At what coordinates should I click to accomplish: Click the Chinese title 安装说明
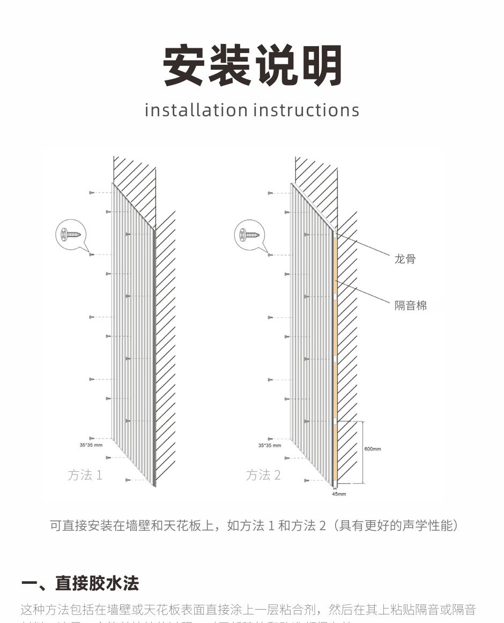click(253, 66)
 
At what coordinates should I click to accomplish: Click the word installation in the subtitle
click(196, 110)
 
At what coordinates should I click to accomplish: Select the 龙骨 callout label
click(405, 259)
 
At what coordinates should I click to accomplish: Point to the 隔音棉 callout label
click(411, 305)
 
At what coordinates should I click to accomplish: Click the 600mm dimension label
click(372, 449)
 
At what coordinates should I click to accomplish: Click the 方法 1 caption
click(85, 475)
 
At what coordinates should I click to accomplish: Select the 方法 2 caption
click(263, 475)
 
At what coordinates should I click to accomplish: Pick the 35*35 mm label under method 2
click(269, 445)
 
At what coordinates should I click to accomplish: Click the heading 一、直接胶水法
click(80, 583)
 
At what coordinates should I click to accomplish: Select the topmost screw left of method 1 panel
click(92, 192)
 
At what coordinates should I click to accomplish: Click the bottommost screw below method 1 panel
click(128, 480)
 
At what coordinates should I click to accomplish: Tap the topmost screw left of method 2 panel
click(271, 192)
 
